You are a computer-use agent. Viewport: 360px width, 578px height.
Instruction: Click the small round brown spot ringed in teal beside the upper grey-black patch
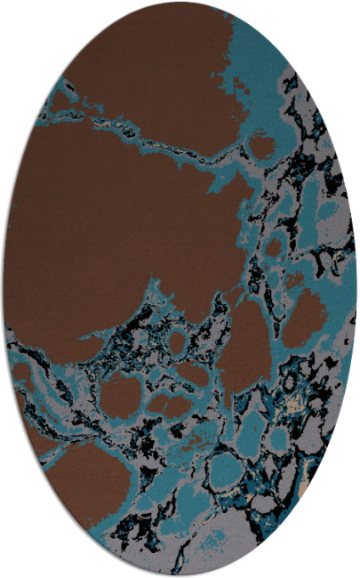(262, 143)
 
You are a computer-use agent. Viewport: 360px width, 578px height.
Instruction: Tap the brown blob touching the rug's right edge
(308, 317)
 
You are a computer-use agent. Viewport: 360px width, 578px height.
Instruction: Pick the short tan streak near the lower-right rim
(307, 486)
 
